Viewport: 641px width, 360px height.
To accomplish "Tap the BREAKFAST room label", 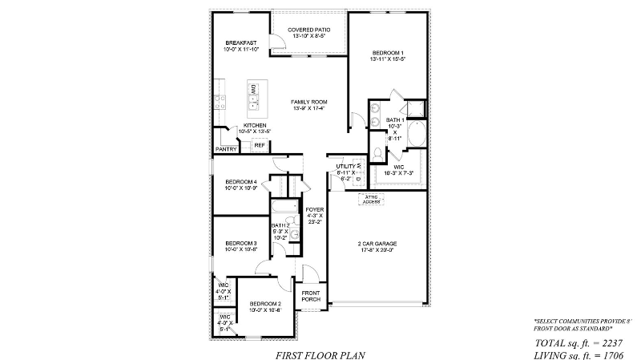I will coord(240,42).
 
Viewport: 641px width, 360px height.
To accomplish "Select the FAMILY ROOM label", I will coord(308,102).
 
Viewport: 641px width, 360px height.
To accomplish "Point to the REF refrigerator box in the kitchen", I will coord(260,145).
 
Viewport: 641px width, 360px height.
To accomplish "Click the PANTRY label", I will coord(226,149).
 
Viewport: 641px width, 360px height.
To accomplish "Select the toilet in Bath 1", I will coord(378,152).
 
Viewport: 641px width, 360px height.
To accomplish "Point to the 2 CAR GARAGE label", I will coord(377,243).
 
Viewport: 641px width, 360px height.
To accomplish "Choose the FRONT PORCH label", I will coord(311,296).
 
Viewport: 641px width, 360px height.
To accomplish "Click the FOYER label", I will coord(314,211).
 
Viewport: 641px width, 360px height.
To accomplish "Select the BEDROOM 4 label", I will coord(240,182).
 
